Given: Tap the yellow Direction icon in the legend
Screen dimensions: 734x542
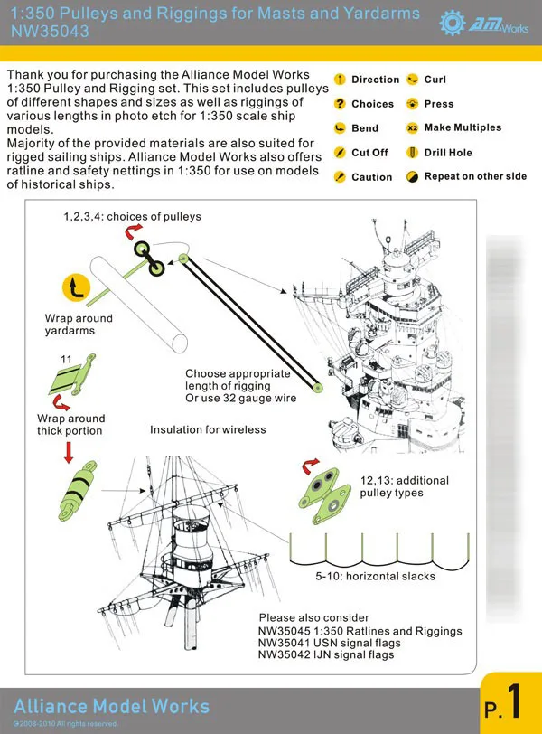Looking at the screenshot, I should tap(340, 80).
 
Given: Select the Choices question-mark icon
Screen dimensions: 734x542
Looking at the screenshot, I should tap(340, 104).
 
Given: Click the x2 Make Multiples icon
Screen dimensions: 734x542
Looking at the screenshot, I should tap(413, 128).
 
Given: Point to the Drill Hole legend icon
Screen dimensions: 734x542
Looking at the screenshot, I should tap(413, 153).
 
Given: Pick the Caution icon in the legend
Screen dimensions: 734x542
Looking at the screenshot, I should tap(340, 177).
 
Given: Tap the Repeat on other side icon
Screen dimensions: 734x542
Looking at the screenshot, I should tap(413, 176).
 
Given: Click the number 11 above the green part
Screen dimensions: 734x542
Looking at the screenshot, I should tap(66, 359).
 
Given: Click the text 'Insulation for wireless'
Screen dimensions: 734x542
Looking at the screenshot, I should tap(208, 429).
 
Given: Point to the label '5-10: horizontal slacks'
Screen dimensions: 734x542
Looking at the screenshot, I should tap(375, 576).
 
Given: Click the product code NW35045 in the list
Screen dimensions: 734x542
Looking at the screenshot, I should tap(285, 631).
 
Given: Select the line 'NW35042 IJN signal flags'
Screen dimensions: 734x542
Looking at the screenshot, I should tap(326, 654).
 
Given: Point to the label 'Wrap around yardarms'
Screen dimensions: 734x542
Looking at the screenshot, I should tap(79, 325).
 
